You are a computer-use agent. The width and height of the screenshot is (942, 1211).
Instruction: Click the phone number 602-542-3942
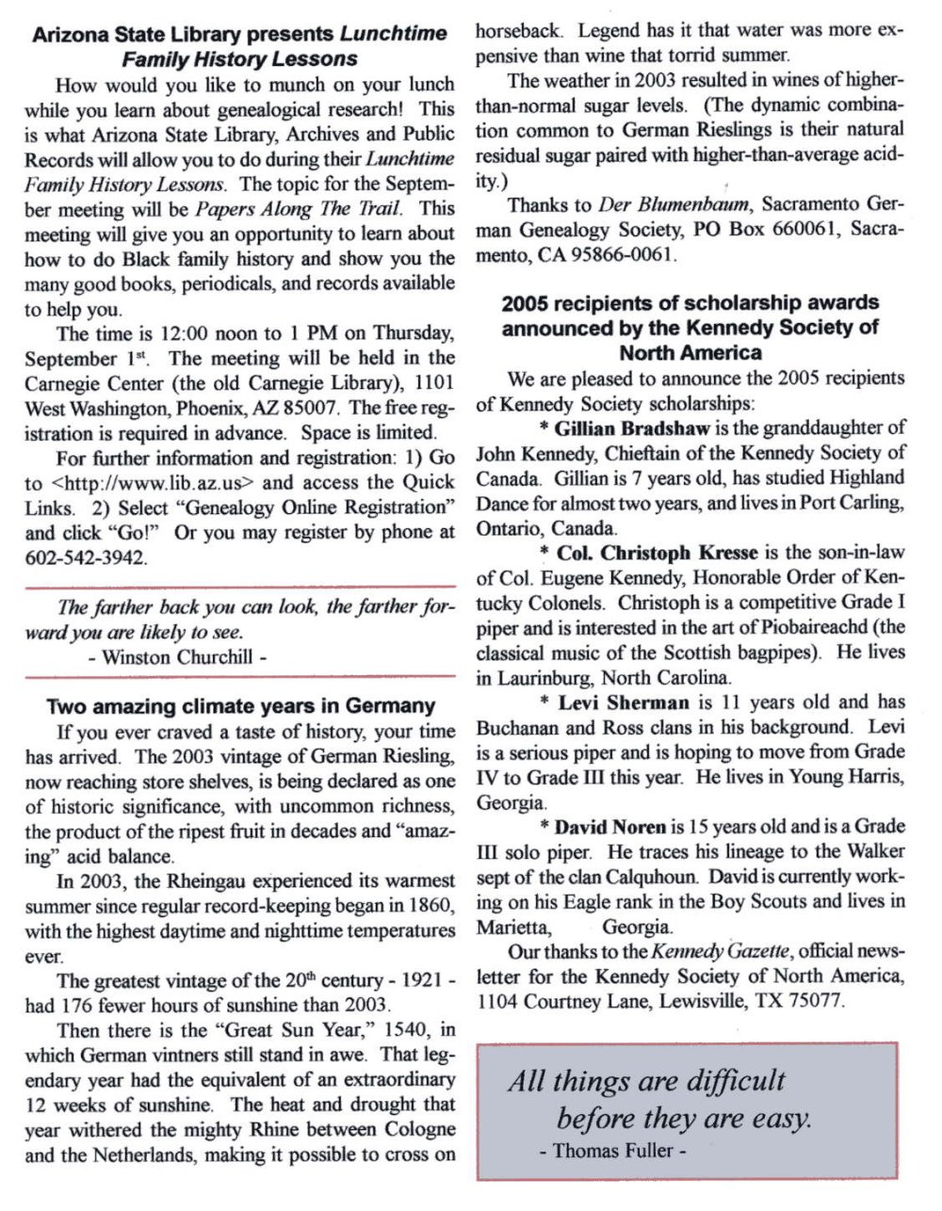[86, 557]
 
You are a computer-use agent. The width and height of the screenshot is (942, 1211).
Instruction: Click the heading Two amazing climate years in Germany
[240, 706]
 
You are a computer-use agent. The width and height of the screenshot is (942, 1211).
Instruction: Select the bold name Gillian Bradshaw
[631, 428]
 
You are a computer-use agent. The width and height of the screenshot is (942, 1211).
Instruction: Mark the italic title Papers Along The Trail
[298, 208]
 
